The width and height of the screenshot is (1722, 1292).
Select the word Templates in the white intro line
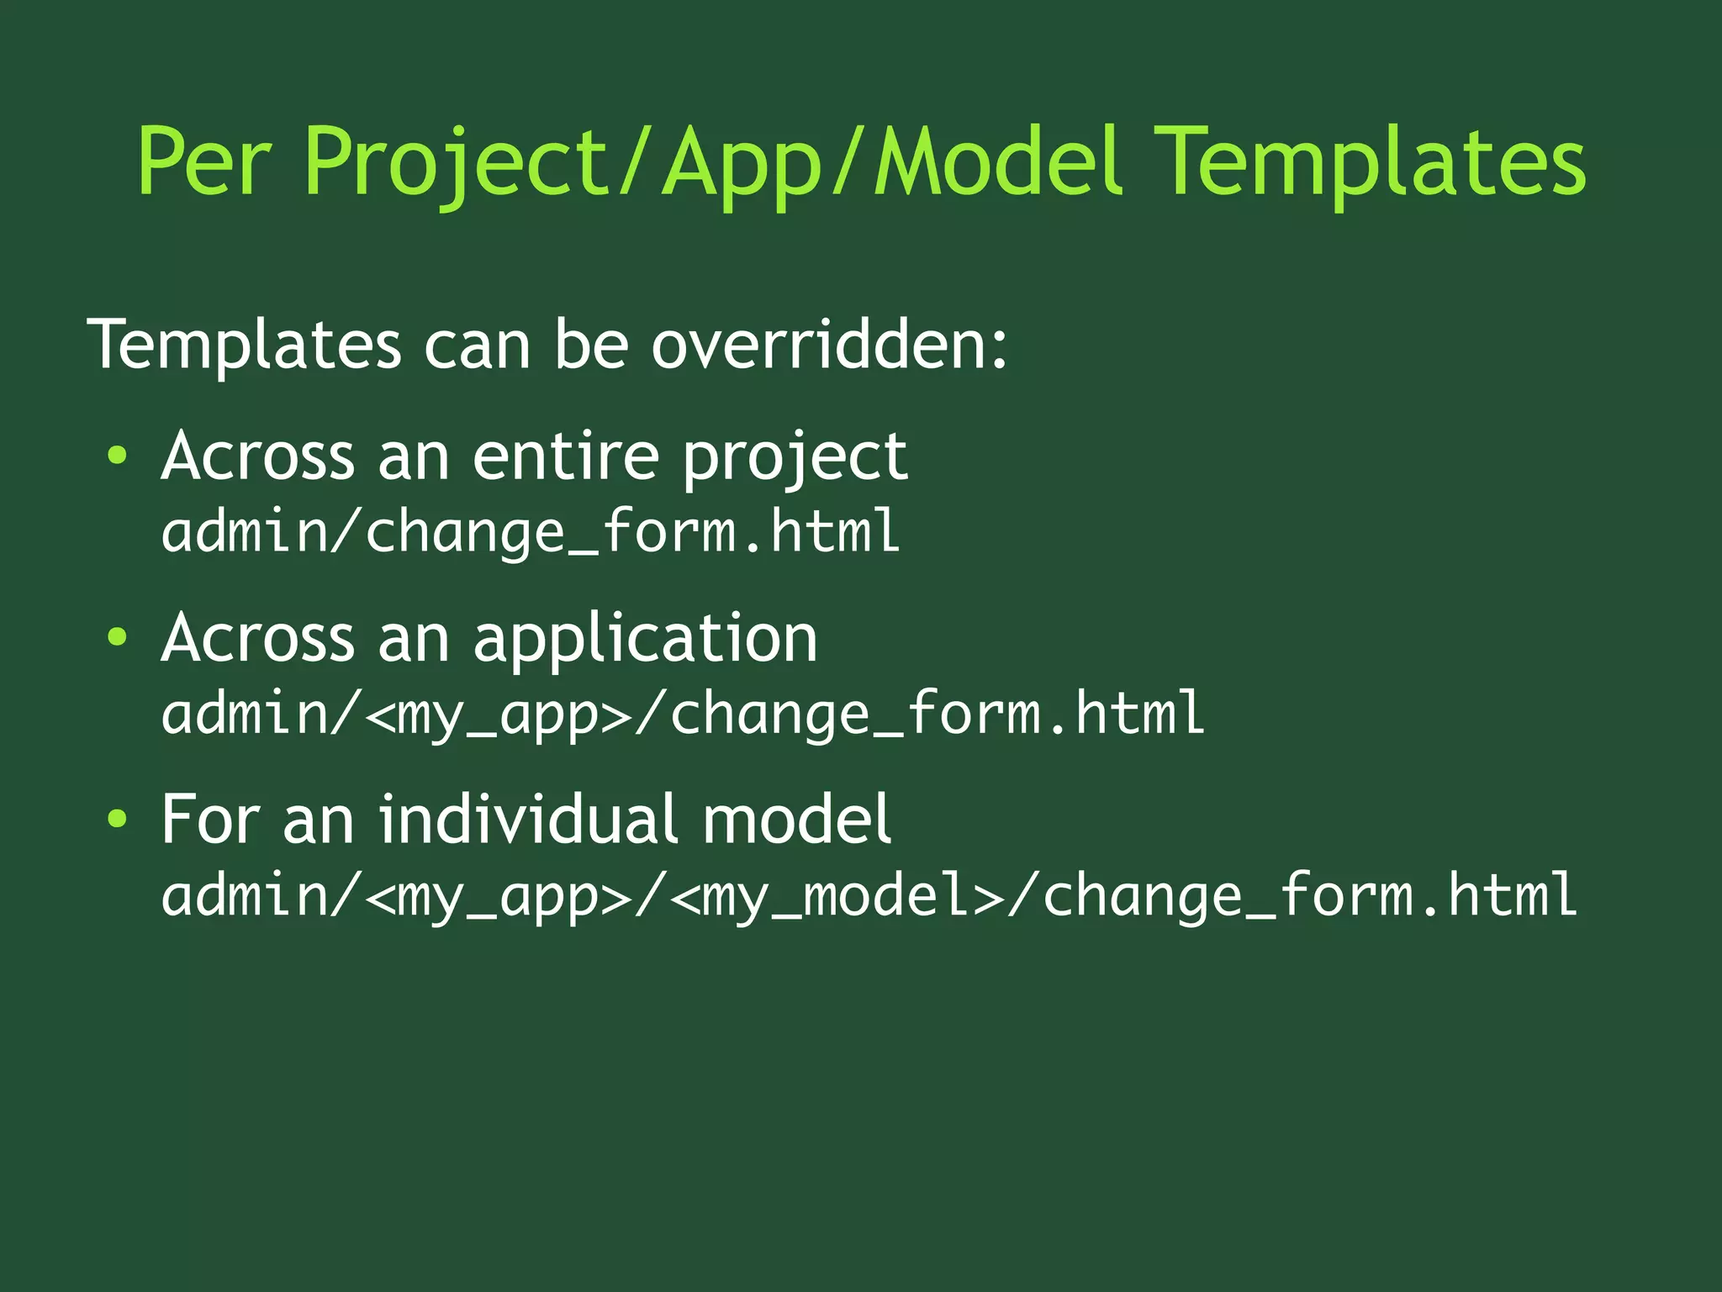[244, 345]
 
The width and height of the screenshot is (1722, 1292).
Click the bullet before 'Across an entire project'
[117, 456]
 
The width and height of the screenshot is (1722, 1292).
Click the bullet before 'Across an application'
[117, 638]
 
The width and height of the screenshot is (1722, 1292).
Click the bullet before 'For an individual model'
[117, 820]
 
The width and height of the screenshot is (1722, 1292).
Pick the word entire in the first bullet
[565, 456]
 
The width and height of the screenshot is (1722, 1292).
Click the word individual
[527, 820]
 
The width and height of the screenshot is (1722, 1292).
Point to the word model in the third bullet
[795, 820]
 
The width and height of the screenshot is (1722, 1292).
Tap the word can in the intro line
[476, 345]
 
